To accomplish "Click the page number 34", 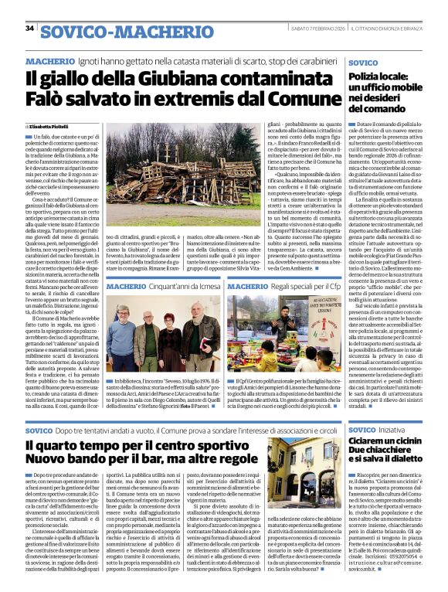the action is [x=30, y=29].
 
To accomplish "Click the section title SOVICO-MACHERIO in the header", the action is [x=105, y=30].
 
